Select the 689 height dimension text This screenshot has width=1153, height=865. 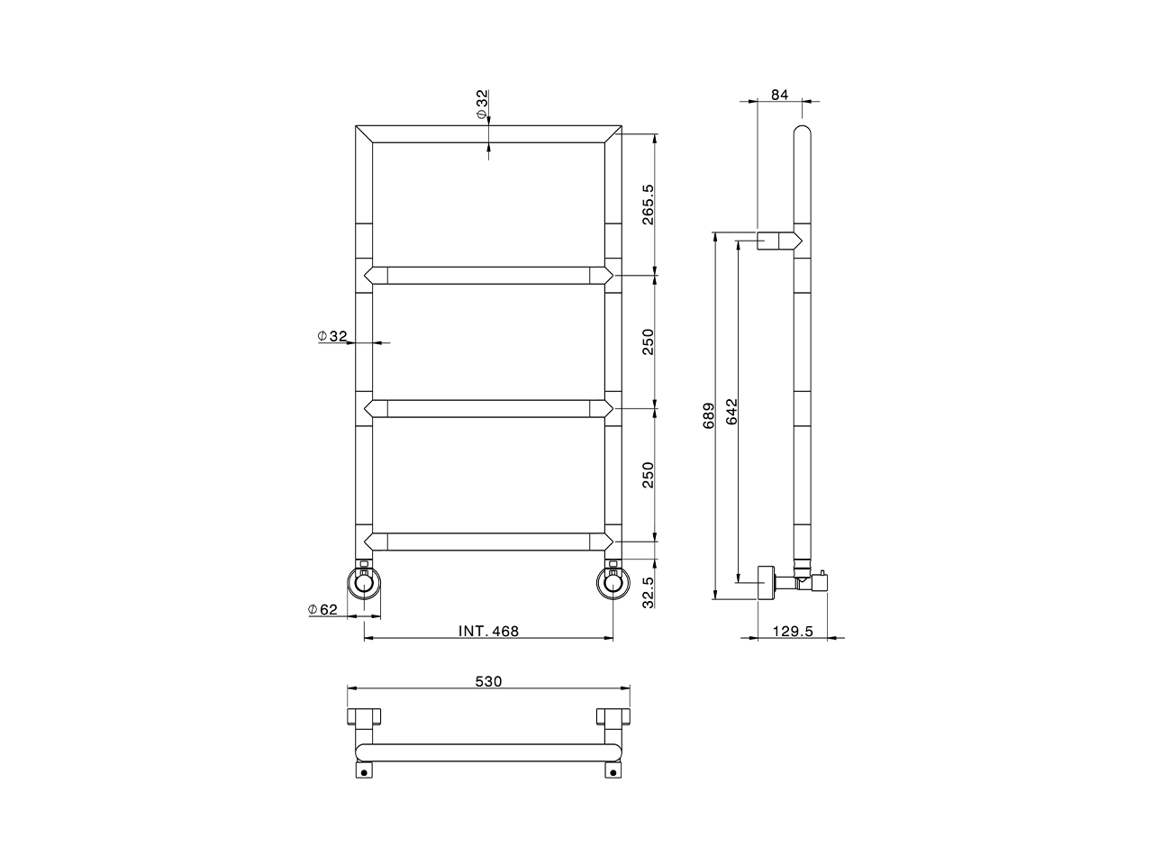[709, 415]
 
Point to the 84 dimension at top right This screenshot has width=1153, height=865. [780, 94]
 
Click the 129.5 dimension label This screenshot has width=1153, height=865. [793, 632]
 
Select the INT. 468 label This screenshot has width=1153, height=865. [488, 632]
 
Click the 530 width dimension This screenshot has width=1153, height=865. [488, 682]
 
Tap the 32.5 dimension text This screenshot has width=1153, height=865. [647, 593]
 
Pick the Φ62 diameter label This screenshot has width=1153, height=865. [322, 610]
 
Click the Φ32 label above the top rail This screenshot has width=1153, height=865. [482, 105]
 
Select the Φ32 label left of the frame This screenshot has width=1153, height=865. [332, 336]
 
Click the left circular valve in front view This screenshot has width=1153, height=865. [364, 584]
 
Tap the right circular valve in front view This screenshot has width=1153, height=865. [613, 584]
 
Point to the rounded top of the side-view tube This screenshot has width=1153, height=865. [803, 135]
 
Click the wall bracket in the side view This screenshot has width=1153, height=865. [776, 241]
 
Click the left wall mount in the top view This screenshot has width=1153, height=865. [364, 718]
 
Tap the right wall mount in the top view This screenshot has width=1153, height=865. [613, 718]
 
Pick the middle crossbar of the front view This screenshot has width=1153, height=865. [488, 409]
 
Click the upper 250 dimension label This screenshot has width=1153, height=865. [647, 341]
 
